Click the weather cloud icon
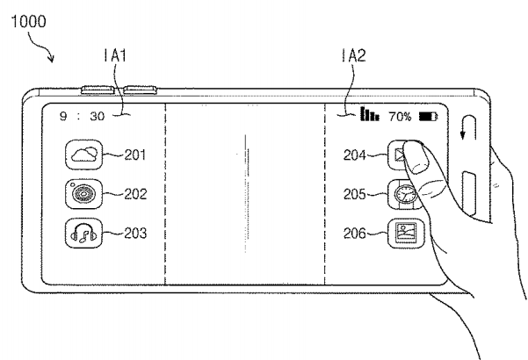pyautogui.click(x=83, y=155)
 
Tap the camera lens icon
pyautogui.click(x=83, y=194)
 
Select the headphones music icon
pyautogui.click(x=83, y=234)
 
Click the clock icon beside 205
pyautogui.click(x=403, y=194)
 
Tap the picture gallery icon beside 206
pyautogui.click(x=406, y=234)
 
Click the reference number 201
pyautogui.click(x=135, y=155)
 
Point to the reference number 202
pyautogui.click(x=135, y=194)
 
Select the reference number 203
pyautogui.click(x=135, y=233)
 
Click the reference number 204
pyautogui.click(x=354, y=155)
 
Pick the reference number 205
pyautogui.click(x=354, y=194)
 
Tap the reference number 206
pyautogui.click(x=354, y=234)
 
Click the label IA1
pyautogui.click(x=115, y=55)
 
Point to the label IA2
pyautogui.click(x=353, y=55)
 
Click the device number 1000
pyautogui.click(x=29, y=21)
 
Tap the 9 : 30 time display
pyautogui.click(x=83, y=116)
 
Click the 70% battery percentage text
pyautogui.click(x=400, y=117)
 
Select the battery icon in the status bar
pyautogui.click(x=428, y=117)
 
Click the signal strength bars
pyautogui.click(x=370, y=114)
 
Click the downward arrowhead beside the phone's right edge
pyautogui.click(x=463, y=135)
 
